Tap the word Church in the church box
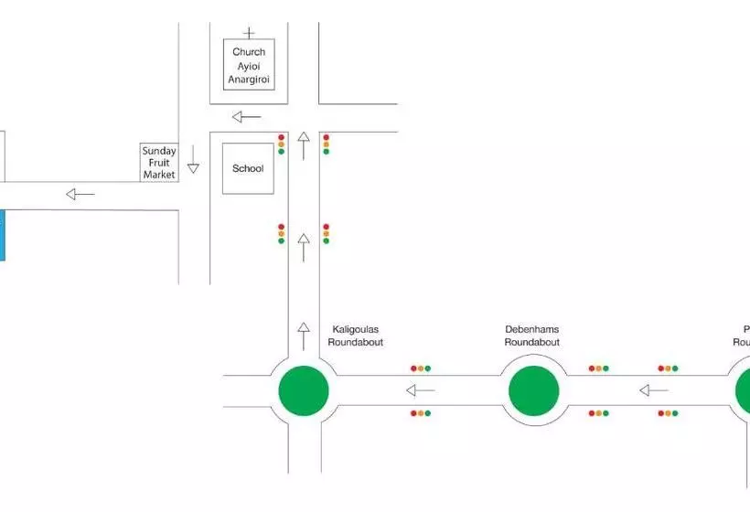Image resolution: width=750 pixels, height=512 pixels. (x=249, y=52)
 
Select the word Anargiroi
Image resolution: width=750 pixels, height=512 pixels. (x=249, y=79)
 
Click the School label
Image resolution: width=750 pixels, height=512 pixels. (x=248, y=168)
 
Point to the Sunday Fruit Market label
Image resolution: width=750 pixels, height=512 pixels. (x=158, y=163)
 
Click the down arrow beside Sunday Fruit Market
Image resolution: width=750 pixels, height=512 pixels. (x=193, y=167)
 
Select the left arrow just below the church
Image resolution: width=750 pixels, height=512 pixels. (x=246, y=116)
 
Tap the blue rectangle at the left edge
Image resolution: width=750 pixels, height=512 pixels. (x=2, y=235)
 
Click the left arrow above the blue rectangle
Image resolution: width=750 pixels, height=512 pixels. (x=80, y=194)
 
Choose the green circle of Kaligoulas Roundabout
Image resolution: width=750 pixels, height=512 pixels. (x=304, y=390)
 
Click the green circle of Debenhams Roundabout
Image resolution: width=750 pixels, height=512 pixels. (x=533, y=390)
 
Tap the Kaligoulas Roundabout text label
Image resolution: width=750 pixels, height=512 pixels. (x=355, y=336)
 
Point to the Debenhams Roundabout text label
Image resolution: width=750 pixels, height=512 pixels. (x=532, y=336)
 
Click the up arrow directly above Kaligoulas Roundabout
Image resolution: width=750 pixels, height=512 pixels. (x=304, y=336)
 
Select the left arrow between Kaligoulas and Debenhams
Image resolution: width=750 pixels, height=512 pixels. (x=421, y=390)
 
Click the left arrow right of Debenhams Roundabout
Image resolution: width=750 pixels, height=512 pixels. (x=653, y=390)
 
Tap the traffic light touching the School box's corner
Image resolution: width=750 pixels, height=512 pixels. (x=281, y=144)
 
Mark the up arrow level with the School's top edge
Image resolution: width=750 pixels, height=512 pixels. (x=304, y=144)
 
